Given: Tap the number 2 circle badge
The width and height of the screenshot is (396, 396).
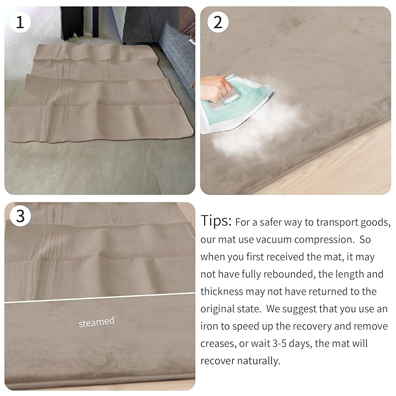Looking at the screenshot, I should coord(218,22).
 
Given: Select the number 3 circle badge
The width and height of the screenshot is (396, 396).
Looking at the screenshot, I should coord(20,216).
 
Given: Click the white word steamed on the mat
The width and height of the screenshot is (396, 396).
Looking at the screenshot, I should coord(97,321).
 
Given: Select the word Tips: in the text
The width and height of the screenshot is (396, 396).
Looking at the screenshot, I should coord(216,222).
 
